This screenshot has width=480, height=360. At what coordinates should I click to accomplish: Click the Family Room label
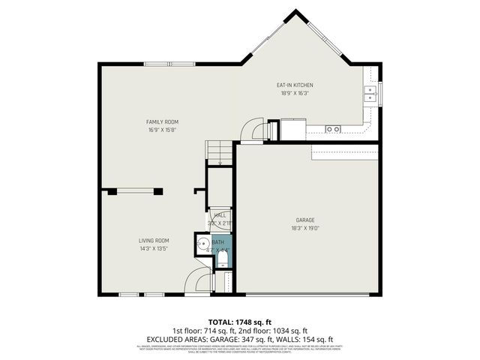click(x=162, y=121)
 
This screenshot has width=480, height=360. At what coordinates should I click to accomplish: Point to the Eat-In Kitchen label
click(x=295, y=85)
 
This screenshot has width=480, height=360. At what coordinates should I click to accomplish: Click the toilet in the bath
click(x=222, y=260)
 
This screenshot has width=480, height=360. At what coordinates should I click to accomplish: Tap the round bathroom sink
click(x=202, y=244)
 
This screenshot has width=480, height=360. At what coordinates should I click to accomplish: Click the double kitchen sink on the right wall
click(x=369, y=93)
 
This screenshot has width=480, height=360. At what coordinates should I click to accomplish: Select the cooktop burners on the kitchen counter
click(x=332, y=129)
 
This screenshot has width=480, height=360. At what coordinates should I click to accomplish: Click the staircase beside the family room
click(x=218, y=153)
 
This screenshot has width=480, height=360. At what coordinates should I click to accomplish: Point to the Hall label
click(x=220, y=215)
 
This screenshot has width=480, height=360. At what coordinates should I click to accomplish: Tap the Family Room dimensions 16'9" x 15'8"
click(x=162, y=130)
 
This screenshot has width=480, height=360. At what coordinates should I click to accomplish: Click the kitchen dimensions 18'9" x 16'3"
click(x=295, y=94)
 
